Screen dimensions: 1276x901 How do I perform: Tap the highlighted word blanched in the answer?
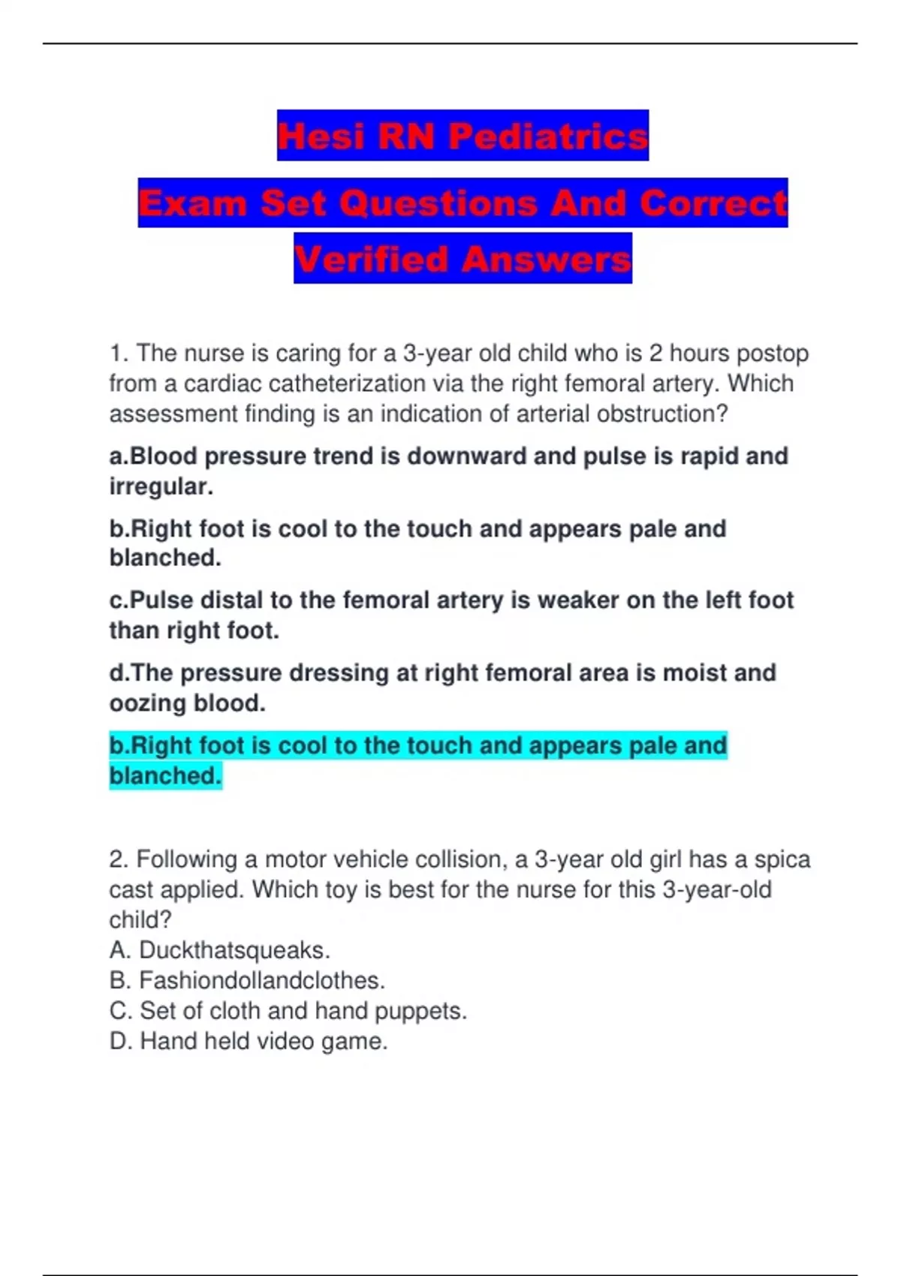(165, 775)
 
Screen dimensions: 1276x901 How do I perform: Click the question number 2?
(119, 859)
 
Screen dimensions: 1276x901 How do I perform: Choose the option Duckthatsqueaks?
(234, 950)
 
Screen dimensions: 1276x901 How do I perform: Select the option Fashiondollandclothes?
(261, 980)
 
